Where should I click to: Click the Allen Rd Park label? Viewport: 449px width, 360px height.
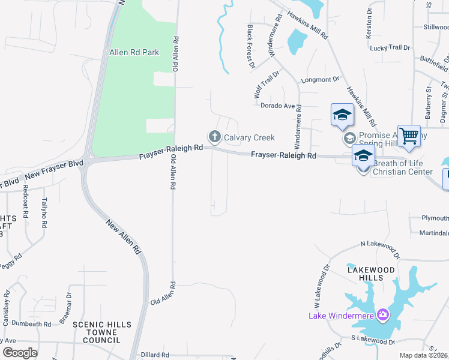tap(134, 52)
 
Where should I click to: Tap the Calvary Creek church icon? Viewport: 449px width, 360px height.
tap(214, 137)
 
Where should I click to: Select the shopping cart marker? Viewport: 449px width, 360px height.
tap(409, 136)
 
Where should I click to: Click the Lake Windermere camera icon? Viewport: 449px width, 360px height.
tap(382, 316)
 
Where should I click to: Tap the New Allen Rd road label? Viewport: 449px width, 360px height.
tap(123, 236)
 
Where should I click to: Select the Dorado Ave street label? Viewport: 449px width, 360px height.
tap(277, 106)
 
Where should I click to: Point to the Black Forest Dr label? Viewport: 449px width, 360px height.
tap(251, 46)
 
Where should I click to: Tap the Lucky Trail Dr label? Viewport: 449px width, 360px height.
tap(390, 48)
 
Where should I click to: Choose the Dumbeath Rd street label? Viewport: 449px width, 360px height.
tap(31, 324)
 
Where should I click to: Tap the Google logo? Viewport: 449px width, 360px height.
tap(20, 353)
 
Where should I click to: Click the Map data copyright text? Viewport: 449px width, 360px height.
tap(422, 355)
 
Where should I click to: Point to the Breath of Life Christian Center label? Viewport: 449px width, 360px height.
tap(403, 167)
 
